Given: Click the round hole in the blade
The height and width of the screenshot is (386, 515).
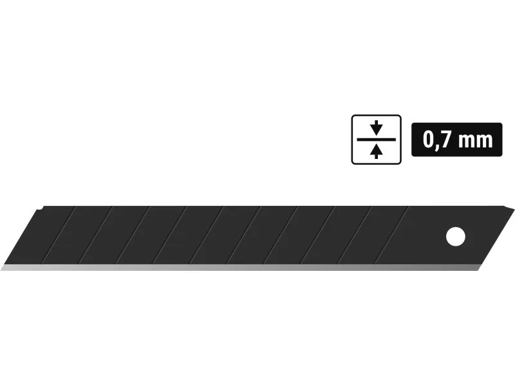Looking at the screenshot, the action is pos(456,236).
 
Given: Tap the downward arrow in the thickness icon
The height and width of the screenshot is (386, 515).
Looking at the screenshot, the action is pos(377,127).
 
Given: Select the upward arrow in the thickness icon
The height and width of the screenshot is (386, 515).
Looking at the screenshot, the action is pos(377,152).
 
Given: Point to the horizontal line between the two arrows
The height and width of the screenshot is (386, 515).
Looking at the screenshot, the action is pos(377,140).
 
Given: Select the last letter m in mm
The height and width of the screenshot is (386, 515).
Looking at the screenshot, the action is pos(485,142).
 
